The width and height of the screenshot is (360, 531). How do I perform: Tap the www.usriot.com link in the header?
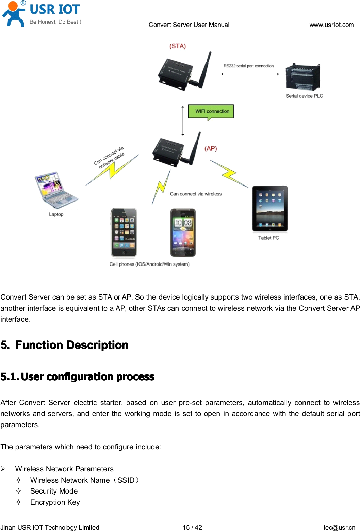coord(331,25)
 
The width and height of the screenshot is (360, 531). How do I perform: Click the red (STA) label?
coord(178,46)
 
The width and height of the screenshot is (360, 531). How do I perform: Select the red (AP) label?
coord(211,148)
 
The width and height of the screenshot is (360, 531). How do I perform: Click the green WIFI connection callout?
coord(211,111)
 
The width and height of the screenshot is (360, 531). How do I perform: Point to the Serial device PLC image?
coord(303,78)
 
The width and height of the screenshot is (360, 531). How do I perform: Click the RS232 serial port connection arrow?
coord(250,74)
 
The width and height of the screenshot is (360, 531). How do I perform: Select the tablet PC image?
coord(270,209)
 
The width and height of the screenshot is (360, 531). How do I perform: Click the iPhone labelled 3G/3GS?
coord(124,232)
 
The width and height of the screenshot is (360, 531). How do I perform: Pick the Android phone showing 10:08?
coord(183,232)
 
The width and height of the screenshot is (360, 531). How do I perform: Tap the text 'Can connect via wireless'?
coord(196,194)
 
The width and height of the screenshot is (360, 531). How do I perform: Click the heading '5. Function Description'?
coord(65,345)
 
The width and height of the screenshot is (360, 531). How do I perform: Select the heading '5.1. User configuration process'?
coord(78,377)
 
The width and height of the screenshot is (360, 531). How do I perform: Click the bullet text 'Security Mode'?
coord(54,491)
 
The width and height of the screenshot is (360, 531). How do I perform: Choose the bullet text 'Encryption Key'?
coord(55,502)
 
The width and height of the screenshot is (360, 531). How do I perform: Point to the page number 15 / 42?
coord(192,527)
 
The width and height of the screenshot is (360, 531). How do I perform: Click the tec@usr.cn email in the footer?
coord(339,527)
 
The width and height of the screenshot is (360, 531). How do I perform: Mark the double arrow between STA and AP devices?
coord(183,120)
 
